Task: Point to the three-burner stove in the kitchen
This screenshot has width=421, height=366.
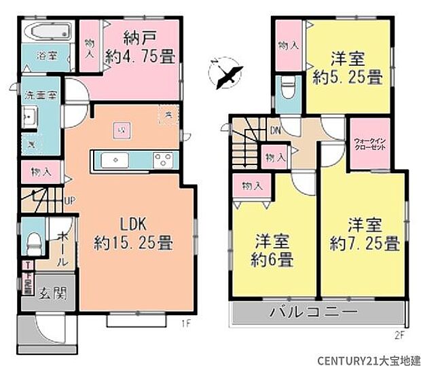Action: coord(163,160)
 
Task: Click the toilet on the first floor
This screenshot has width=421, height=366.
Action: coord(32,240)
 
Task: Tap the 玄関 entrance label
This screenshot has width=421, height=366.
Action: coord(52,293)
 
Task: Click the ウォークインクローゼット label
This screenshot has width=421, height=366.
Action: coord(370,145)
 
